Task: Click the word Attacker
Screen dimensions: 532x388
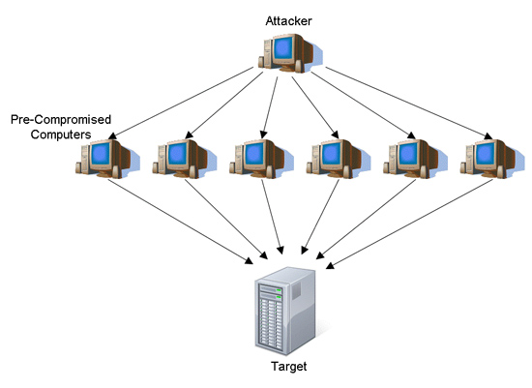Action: click(x=288, y=21)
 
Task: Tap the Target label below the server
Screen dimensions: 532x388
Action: click(x=289, y=367)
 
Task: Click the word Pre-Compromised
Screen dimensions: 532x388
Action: click(x=61, y=119)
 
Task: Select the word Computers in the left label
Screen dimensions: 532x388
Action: click(x=61, y=134)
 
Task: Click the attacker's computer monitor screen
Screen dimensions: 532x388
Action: click(x=283, y=47)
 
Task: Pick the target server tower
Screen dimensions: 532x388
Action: click(x=285, y=311)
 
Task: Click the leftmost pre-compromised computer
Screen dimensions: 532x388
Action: click(x=107, y=159)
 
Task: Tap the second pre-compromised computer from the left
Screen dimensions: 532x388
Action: click(x=184, y=159)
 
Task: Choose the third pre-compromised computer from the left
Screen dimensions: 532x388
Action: click(x=261, y=159)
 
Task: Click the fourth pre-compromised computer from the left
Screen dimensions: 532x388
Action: click(x=339, y=159)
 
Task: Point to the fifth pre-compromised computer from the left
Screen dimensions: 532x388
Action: click(x=415, y=159)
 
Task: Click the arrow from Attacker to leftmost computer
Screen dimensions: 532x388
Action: click(x=181, y=104)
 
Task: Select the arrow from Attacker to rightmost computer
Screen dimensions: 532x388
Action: click(x=409, y=104)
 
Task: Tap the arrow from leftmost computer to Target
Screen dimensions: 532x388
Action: click(x=181, y=222)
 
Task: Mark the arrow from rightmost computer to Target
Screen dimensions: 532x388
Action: click(x=409, y=224)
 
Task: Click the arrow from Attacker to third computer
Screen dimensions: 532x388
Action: click(x=270, y=107)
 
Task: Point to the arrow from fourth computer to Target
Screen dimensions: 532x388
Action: click(x=320, y=217)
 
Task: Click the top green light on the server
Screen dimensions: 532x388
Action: click(x=279, y=290)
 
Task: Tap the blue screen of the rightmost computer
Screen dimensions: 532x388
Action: click(x=486, y=154)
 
